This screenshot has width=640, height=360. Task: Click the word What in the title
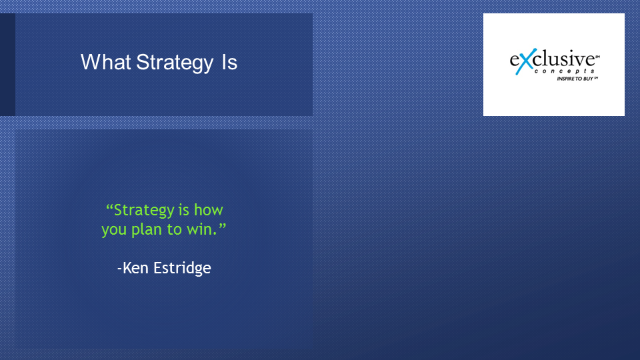point(105,62)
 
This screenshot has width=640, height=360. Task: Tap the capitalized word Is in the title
point(229,62)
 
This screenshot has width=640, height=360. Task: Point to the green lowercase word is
point(184,210)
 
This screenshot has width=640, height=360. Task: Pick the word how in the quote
point(208,210)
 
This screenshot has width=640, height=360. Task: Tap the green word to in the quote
point(174,229)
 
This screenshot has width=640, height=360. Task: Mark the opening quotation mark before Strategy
point(109,207)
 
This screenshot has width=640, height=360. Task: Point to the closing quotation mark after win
point(222,226)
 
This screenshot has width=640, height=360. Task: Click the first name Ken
point(135,268)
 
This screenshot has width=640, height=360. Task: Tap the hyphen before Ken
point(119,269)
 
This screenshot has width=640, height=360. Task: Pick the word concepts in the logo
point(565,71)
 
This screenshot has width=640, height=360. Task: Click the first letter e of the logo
point(514,61)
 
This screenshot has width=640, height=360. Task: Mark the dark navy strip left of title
point(8,65)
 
